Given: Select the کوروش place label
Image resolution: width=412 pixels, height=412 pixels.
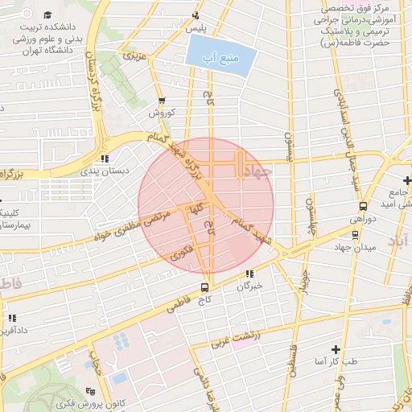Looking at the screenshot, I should point(161,113).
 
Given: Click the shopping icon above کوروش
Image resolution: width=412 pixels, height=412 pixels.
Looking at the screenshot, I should point(163,101).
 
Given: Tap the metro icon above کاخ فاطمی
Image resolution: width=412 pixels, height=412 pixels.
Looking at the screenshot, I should point(204,286).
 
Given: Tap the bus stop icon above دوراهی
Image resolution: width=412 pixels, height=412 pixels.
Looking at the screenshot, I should point(364,206).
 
